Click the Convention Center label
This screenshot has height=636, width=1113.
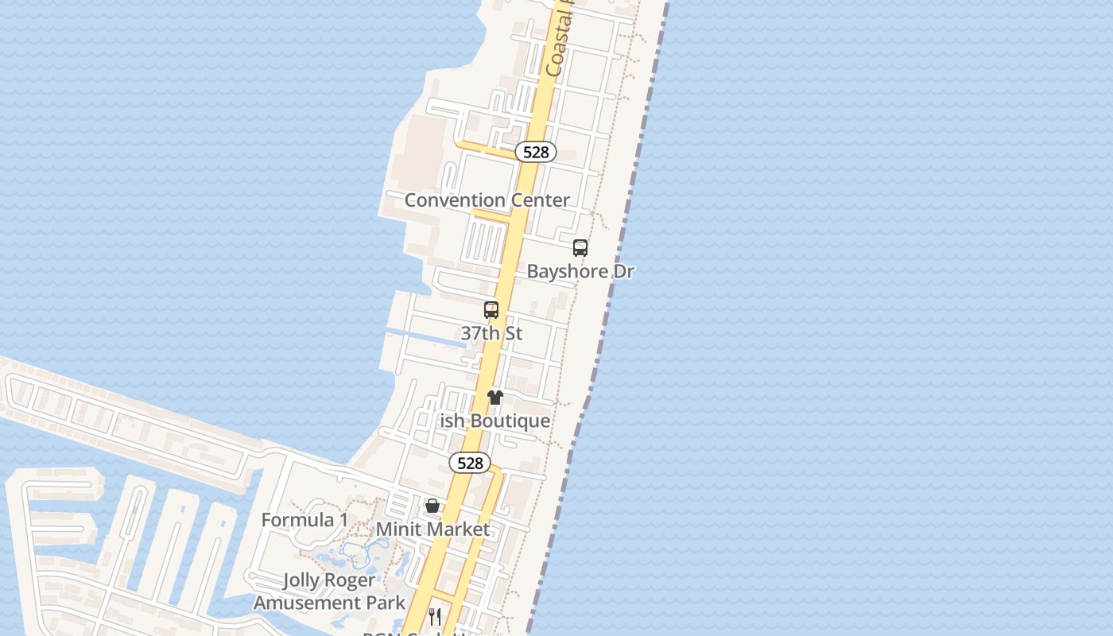[x=487, y=200]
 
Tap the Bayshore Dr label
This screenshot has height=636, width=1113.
[x=580, y=271]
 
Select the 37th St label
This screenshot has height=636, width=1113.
[x=491, y=333]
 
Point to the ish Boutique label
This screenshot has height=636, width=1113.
[x=495, y=421]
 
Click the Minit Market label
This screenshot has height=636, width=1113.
[x=432, y=529]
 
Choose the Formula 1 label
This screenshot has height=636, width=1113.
[x=304, y=520]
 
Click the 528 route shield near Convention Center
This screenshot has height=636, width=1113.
[x=536, y=152]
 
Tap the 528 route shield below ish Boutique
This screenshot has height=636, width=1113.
[x=470, y=463]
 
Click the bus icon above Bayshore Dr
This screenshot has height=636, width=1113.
[x=580, y=248]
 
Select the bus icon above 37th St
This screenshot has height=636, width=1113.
[x=491, y=310]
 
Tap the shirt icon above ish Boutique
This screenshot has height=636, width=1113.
[x=495, y=397]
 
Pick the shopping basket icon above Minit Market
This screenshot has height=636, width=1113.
[x=432, y=506]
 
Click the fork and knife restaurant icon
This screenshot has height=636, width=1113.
[x=435, y=616]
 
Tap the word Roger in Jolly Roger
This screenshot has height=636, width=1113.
[x=349, y=580]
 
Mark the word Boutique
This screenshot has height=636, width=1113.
[x=510, y=421]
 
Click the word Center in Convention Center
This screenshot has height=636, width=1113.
[x=540, y=200]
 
